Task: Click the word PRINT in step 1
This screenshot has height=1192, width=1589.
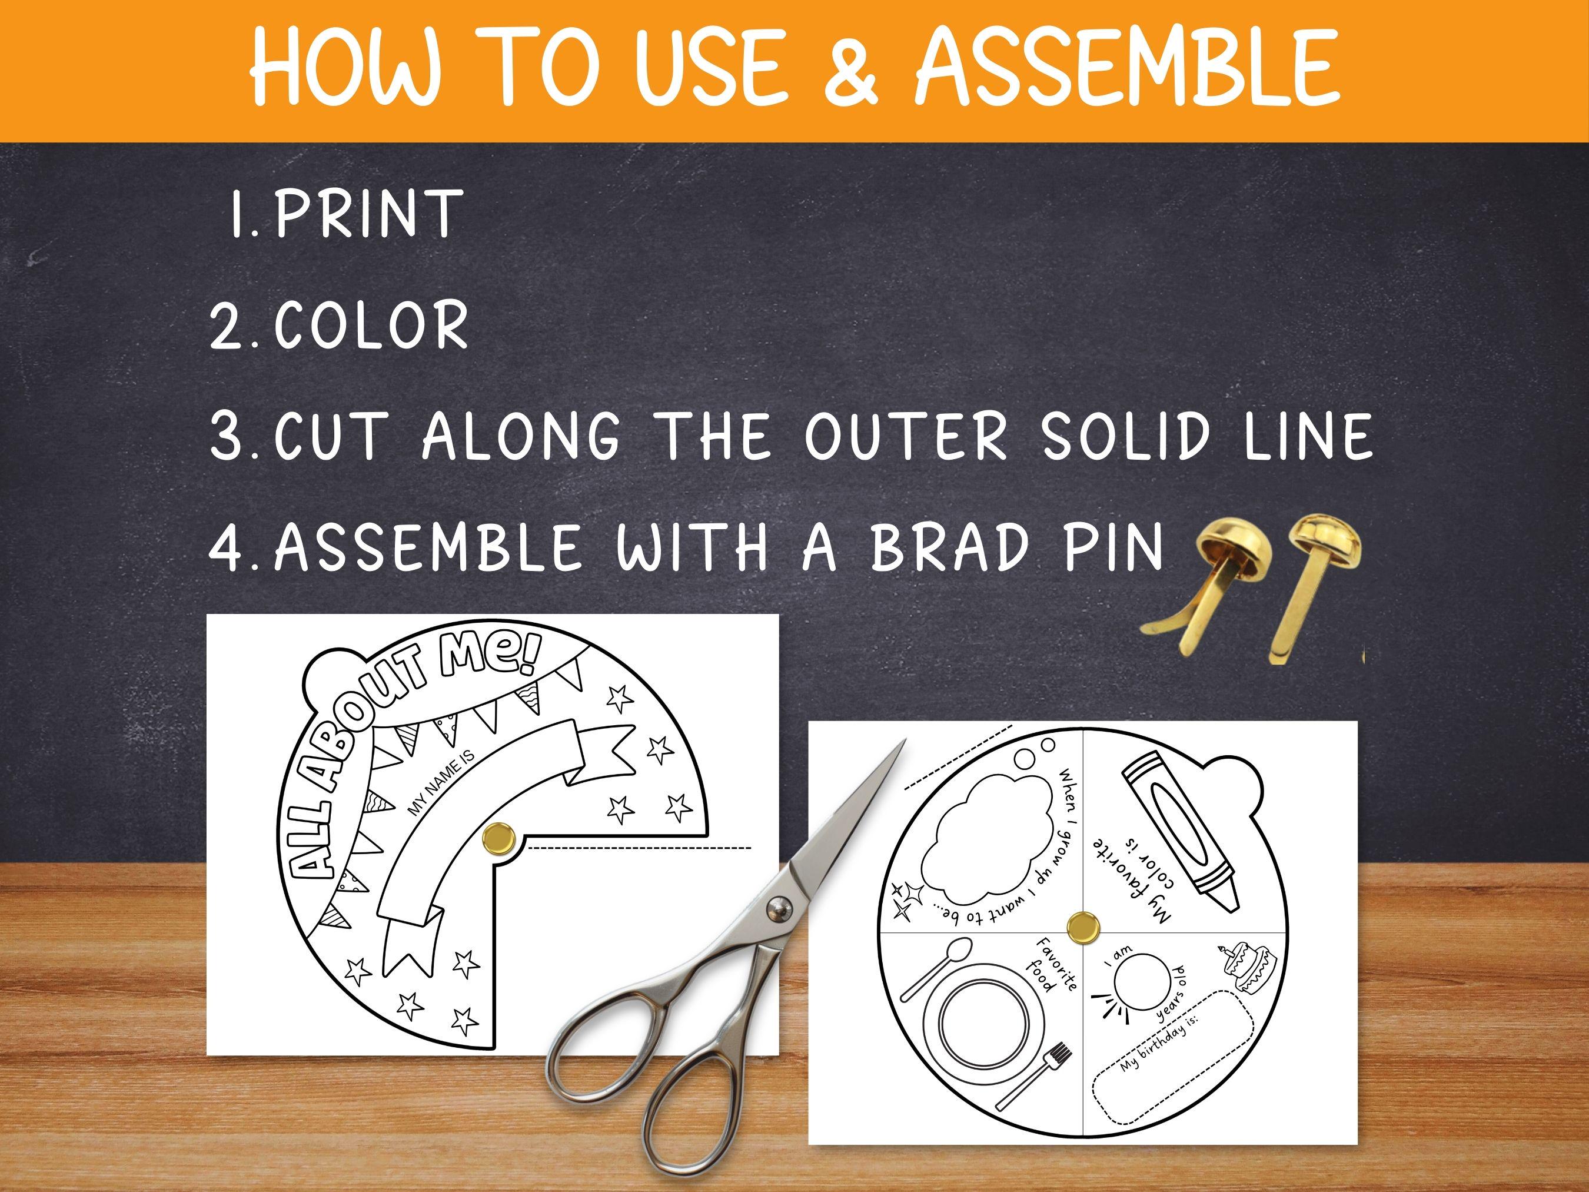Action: pos(367,214)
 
